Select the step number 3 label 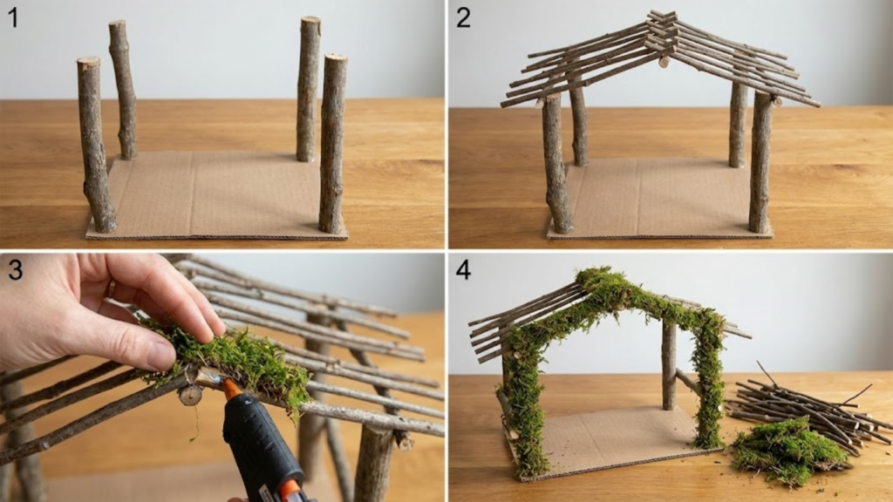15,269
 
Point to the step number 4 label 463,269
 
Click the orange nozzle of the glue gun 231,390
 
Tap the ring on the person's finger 111,288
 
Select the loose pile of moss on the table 787,451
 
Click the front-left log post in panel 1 96,145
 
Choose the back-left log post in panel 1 124,90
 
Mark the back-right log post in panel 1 309,89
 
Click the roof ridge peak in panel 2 662,20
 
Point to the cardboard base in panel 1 216,195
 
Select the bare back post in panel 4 669,364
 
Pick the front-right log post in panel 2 760,162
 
